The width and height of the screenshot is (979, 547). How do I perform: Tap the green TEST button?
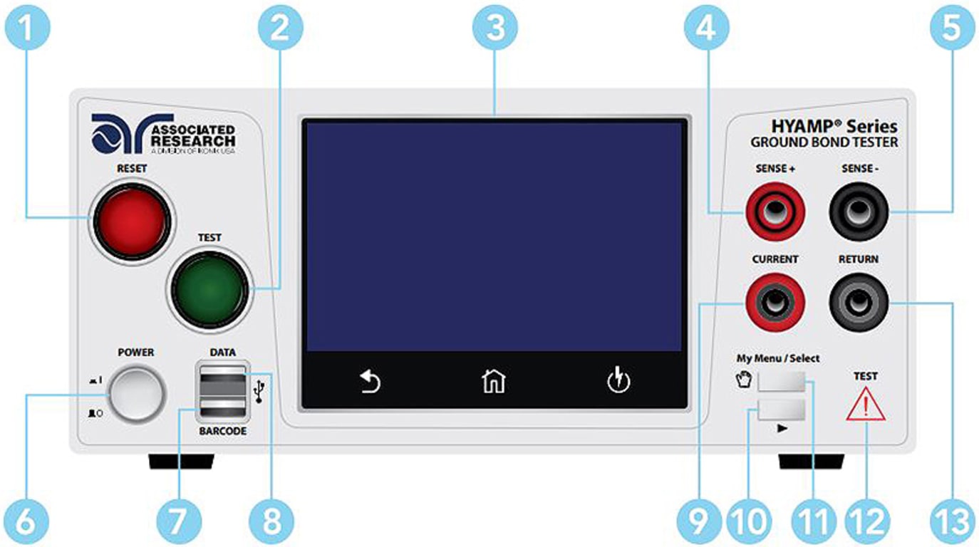click(208, 290)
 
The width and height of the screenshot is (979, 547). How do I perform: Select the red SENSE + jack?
click(775, 210)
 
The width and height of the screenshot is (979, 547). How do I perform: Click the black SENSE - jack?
click(858, 210)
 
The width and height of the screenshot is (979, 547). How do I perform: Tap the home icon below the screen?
click(494, 382)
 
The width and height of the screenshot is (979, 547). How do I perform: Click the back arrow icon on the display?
click(370, 382)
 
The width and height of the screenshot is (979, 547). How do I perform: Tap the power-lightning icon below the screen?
click(619, 381)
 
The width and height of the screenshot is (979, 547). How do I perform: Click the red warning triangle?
click(866, 407)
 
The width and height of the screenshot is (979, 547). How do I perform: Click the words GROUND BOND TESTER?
click(824, 142)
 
